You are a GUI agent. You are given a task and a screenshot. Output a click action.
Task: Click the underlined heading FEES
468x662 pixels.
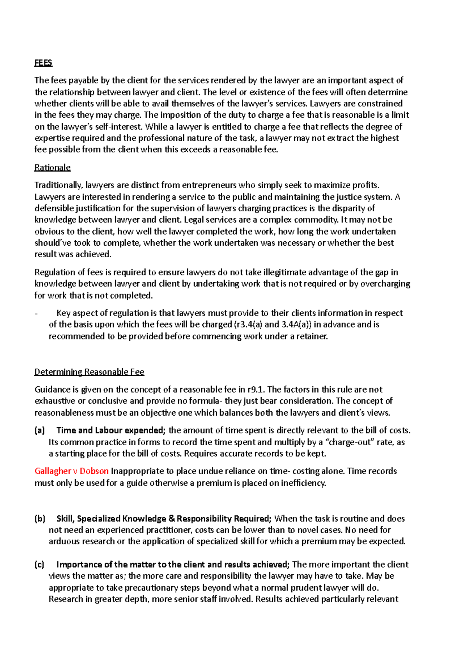tap(43, 63)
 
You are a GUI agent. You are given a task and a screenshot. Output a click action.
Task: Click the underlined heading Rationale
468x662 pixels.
tap(52, 168)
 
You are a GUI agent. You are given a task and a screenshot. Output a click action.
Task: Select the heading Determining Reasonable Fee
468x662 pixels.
tap(89, 372)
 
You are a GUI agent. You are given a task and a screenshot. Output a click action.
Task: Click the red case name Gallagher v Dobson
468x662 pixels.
tap(71, 471)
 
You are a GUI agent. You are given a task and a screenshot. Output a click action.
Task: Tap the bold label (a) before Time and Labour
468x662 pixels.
tap(40, 430)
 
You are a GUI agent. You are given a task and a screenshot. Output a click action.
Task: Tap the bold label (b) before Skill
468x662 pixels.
tap(40, 519)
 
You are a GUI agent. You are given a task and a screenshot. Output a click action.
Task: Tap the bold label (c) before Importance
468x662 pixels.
tap(39, 565)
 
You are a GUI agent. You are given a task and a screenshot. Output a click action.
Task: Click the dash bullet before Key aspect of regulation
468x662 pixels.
tap(36, 313)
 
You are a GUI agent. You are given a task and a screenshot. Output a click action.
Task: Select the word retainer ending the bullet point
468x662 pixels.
tap(313, 336)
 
